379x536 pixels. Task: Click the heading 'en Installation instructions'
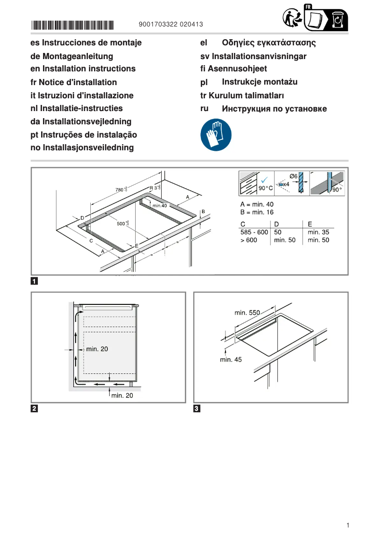tap(83, 69)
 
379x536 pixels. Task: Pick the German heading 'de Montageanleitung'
tap(71, 56)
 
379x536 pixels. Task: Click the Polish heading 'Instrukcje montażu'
tap(259, 82)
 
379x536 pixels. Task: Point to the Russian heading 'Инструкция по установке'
tap(274, 109)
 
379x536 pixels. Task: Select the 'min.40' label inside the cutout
tap(160, 206)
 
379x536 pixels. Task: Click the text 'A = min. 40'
tap(257, 204)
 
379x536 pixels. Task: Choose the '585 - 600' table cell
tap(254, 232)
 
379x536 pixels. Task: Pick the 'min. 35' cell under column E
tap(318, 232)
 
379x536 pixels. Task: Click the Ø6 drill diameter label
tap(293, 176)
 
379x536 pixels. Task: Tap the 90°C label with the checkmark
tap(266, 188)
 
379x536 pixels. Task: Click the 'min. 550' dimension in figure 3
tap(247, 312)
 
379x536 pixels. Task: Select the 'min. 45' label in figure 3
tap(231, 359)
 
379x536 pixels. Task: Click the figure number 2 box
tap(34, 408)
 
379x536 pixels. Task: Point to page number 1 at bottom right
tap(347, 525)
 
